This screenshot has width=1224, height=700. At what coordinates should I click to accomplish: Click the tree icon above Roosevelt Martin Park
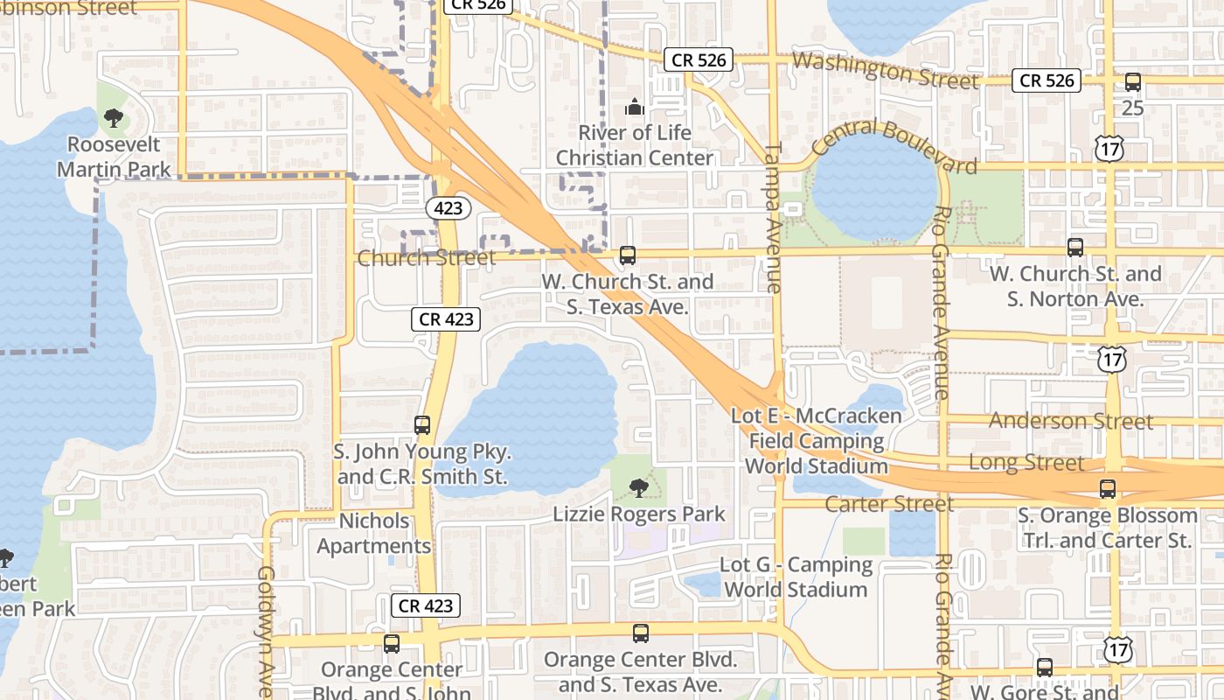point(113,118)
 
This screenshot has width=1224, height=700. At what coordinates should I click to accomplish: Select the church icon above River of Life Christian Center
point(635,108)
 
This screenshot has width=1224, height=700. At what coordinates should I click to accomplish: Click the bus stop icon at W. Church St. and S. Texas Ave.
point(628,255)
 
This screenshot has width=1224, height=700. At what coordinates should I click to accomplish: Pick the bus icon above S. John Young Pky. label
point(422,425)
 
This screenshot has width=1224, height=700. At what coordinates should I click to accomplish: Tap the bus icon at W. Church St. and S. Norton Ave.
point(1075,248)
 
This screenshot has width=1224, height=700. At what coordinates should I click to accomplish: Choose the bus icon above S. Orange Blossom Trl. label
point(1108,489)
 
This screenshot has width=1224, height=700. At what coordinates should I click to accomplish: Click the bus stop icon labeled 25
point(1133,82)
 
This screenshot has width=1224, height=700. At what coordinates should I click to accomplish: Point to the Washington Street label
point(885,70)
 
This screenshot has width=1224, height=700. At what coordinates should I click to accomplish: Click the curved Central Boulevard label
point(894,144)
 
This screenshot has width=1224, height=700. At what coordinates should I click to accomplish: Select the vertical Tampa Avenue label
point(774,217)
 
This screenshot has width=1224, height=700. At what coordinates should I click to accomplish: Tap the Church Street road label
point(426,257)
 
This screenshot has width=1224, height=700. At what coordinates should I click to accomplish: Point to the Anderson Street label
point(1071,421)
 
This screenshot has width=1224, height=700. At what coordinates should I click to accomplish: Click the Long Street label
point(1026,462)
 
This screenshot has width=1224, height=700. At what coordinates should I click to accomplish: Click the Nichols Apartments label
point(374,534)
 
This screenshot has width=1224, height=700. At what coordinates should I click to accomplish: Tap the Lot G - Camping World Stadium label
point(796,577)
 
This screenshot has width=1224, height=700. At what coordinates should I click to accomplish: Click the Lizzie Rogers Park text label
point(639,514)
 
